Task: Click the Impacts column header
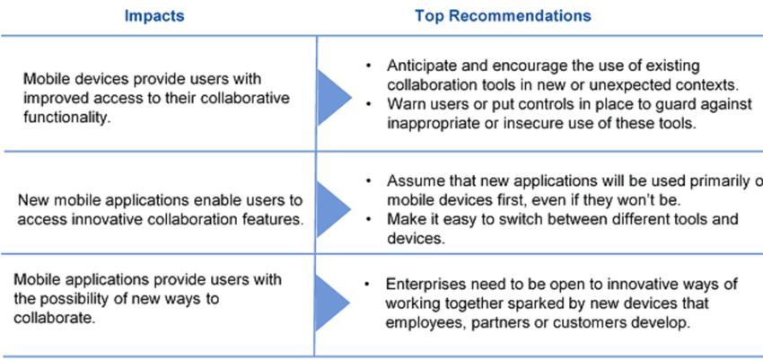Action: tap(154, 16)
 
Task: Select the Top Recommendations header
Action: tap(503, 16)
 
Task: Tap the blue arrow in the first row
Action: tap(334, 97)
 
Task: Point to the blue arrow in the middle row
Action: tap(334, 208)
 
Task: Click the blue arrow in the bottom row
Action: tap(333, 303)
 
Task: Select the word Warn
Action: tap(405, 104)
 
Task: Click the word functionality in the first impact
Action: tap(66, 119)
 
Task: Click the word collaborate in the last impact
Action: tap(54, 318)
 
